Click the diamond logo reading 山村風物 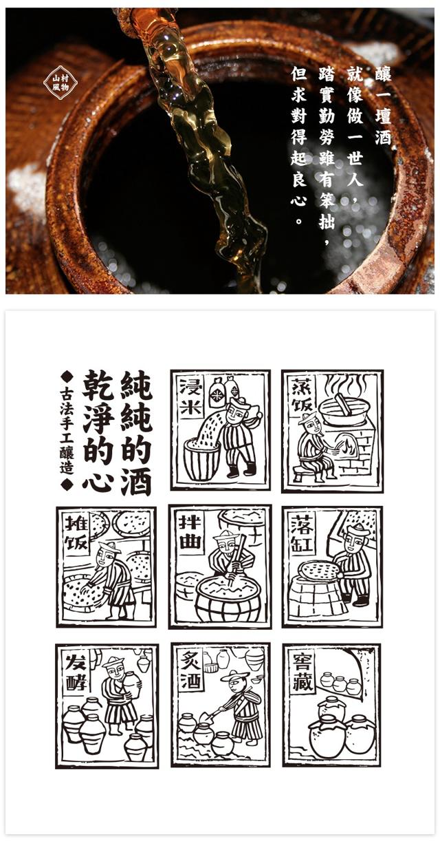(x=60, y=82)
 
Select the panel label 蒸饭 (x=302, y=396)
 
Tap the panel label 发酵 (x=77, y=670)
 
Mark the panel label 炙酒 (x=191, y=670)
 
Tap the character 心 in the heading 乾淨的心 (x=98, y=480)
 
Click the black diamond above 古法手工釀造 (x=67, y=377)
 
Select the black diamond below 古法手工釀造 (x=67, y=484)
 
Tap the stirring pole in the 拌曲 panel (x=236, y=560)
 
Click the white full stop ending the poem (x=299, y=221)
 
